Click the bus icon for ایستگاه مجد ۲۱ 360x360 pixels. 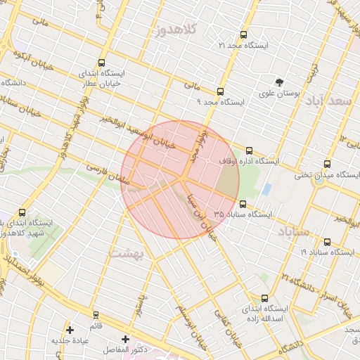coord(244,34)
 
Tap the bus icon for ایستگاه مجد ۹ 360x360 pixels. coord(221,91)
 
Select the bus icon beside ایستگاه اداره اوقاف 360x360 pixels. coord(249,150)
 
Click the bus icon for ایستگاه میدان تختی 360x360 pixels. coord(325,164)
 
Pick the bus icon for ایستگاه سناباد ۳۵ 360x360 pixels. coord(243,204)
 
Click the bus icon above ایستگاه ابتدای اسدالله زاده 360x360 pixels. coord(264,298)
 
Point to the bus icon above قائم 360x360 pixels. coord(96,315)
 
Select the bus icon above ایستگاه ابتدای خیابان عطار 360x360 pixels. coord(103,63)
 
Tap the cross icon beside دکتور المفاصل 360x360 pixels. coord(125,340)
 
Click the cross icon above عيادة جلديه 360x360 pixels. coord(69,330)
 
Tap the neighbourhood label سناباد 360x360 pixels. coord(293,231)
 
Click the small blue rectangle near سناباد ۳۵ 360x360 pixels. coord(266,189)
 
